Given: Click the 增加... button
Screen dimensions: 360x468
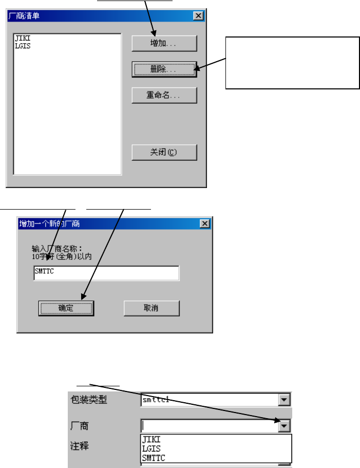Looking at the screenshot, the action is (164, 44).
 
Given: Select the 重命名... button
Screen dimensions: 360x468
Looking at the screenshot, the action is (164, 95).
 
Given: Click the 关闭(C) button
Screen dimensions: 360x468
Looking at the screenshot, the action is (164, 152).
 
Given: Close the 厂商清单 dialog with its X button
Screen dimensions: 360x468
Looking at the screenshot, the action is (199, 15).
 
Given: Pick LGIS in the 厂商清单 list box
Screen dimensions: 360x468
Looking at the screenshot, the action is (23, 46).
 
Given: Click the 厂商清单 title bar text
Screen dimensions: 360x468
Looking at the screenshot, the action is (25, 15).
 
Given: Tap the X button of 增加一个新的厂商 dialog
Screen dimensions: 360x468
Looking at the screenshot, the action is (204, 223).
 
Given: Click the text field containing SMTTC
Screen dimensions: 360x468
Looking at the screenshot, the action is (106, 273).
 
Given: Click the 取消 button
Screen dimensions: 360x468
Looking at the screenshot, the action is (151, 308).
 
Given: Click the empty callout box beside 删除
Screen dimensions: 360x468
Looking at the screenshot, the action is (292, 63).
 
